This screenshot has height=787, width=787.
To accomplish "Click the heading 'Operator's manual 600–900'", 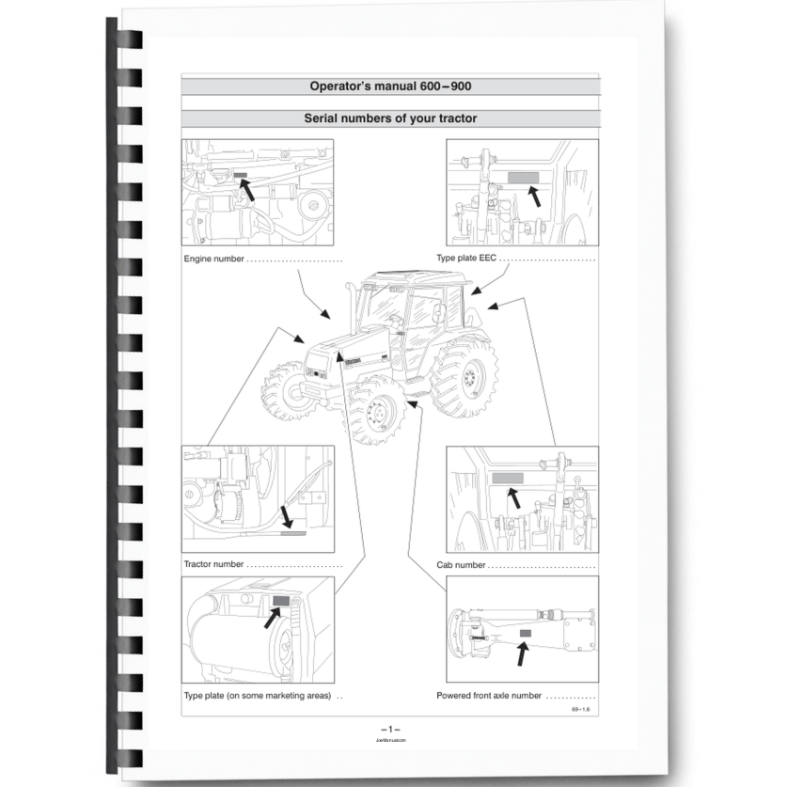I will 390,87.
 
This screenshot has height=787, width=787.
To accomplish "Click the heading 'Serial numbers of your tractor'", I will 390,118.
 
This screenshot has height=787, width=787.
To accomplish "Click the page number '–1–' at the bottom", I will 390,730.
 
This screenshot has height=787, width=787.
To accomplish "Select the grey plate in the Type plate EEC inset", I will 523,177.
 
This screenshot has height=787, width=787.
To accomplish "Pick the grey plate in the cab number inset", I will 508,478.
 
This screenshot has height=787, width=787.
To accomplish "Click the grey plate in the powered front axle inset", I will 525,635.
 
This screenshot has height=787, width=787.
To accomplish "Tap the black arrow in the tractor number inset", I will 288,515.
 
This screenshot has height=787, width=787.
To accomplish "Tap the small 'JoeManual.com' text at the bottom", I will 390,741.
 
